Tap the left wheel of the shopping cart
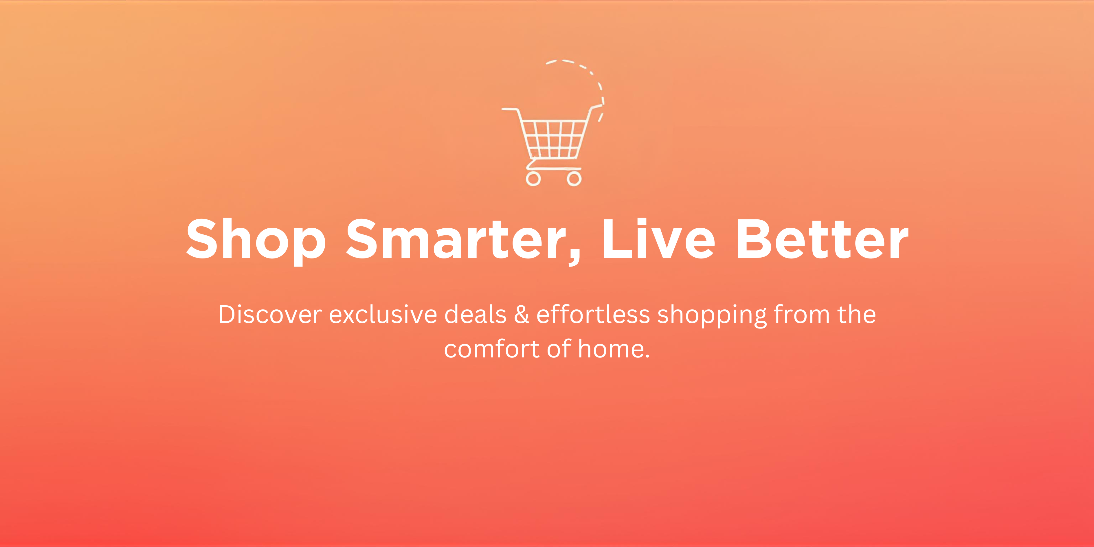coord(533,178)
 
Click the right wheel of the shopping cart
coord(574,178)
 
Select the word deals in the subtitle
coord(475,315)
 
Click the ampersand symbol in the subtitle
coord(522,315)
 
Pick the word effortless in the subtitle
coord(593,314)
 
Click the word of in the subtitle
coord(559,349)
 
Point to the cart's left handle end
coord(503,109)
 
